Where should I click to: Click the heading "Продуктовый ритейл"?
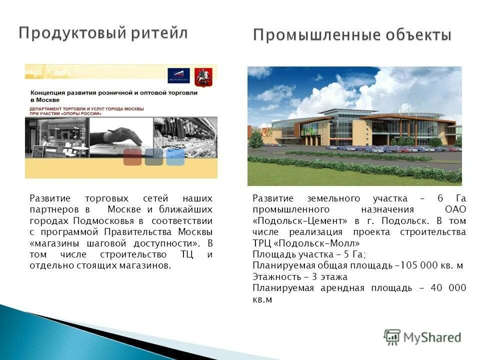103,33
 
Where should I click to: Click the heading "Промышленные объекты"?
352,35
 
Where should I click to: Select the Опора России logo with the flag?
178,75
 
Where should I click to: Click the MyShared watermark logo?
422,337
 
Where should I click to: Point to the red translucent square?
132,156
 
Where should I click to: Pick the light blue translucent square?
175,156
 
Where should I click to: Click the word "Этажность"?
274,276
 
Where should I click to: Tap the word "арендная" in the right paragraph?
340,288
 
